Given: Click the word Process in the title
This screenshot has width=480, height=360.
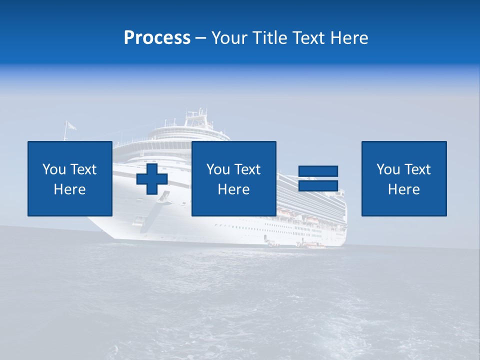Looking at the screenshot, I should coord(157,38).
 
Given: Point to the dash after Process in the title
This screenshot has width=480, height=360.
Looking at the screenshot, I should coord(201,38).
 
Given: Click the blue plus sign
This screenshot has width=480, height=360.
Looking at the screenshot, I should coord(152,178).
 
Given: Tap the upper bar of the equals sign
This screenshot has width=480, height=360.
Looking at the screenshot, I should coord(318,171).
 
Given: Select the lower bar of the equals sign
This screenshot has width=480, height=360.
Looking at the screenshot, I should coord(318,185).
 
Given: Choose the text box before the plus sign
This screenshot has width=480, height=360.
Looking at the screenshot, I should coord(69,178).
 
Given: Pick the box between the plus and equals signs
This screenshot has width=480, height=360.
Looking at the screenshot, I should coord(233,178).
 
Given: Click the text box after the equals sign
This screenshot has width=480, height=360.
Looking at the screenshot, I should coord(403,178).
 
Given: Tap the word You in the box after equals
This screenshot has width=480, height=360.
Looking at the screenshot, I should coord(388,169).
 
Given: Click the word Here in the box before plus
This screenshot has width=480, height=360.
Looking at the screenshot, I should coord(69,189).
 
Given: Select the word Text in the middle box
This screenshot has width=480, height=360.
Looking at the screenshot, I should coord(247,169).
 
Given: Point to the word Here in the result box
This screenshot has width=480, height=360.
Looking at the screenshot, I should coord(403,189).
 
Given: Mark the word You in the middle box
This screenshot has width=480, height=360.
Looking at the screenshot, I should coord(218,169).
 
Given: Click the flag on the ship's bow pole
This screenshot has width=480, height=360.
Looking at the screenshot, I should coord(71,125).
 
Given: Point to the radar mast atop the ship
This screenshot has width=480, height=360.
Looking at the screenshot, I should coord(195,116).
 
